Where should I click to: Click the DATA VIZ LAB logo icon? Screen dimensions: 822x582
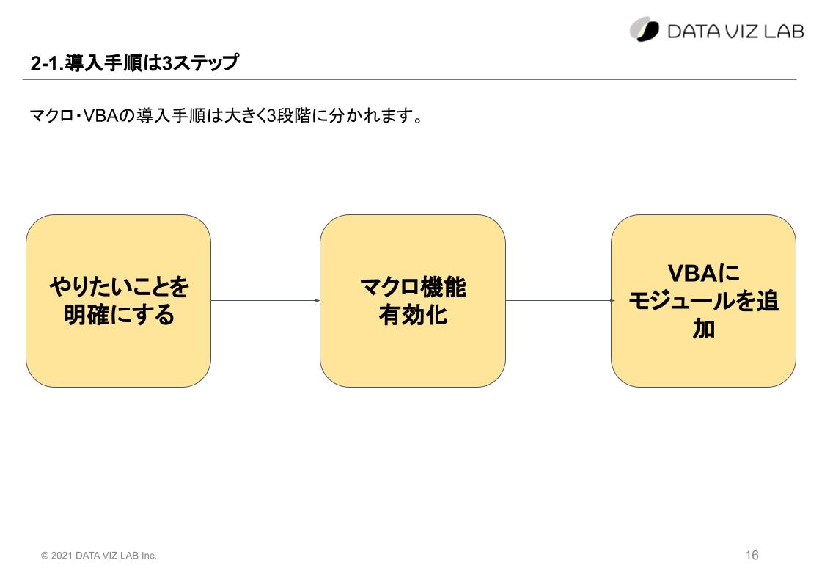click(645, 29)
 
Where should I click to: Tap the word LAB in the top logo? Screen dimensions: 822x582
click(783, 32)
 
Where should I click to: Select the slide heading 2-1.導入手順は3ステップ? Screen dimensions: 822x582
click(135, 62)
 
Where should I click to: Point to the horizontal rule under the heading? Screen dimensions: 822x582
click(409, 80)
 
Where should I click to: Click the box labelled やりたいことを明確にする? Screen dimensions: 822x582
click(119, 301)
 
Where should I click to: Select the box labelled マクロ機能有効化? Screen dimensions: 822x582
click(413, 301)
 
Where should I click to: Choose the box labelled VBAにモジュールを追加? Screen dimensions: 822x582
click(703, 301)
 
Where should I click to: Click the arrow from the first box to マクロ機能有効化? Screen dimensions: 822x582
click(265, 301)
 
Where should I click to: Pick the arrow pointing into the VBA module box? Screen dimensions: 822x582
click(560, 301)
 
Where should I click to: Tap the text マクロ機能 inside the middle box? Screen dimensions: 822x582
click(413, 287)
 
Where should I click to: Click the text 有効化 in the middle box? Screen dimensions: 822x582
click(413, 315)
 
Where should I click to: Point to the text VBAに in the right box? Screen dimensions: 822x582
click(703, 273)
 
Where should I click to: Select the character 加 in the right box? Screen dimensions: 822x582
click(703, 329)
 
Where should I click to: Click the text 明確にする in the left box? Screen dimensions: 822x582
click(119, 315)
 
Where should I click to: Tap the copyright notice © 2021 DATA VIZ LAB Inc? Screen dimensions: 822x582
click(99, 556)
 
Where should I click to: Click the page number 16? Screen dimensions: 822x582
click(752, 555)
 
